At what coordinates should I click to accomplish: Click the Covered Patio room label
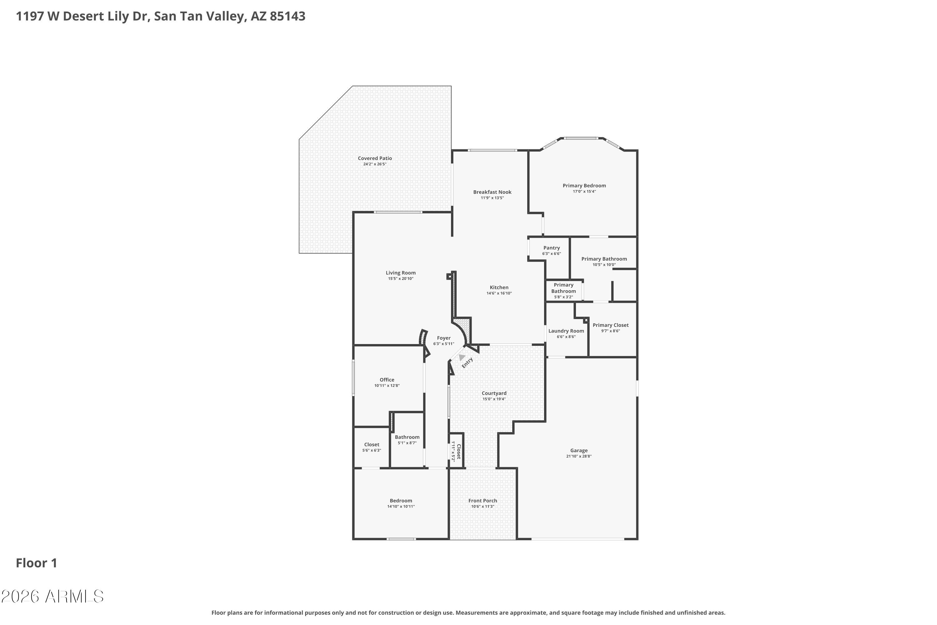[x=374, y=158]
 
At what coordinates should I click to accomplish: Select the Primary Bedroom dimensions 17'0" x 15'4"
[x=584, y=191]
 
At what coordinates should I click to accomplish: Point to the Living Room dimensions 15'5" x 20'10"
[x=400, y=279]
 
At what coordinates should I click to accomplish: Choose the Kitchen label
[x=499, y=287]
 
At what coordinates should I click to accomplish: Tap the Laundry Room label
[x=566, y=331]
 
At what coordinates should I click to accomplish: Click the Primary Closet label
[x=610, y=325]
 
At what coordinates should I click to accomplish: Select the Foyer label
[x=444, y=338]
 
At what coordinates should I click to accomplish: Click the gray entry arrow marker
[x=461, y=357]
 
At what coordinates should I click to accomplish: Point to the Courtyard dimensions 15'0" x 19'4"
[x=494, y=399]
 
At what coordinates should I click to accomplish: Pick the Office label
[x=387, y=380]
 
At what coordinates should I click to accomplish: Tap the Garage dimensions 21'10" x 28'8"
[x=578, y=456]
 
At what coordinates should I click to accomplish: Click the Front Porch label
[x=483, y=501]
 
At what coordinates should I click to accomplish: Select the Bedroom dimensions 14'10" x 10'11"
[x=401, y=507]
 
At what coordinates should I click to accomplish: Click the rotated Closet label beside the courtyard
[x=459, y=452]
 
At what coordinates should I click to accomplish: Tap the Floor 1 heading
[x=37, y=563]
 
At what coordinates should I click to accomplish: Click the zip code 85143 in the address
[x=287, y=16]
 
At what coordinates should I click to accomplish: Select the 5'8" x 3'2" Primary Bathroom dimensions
[x=563, y=297]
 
